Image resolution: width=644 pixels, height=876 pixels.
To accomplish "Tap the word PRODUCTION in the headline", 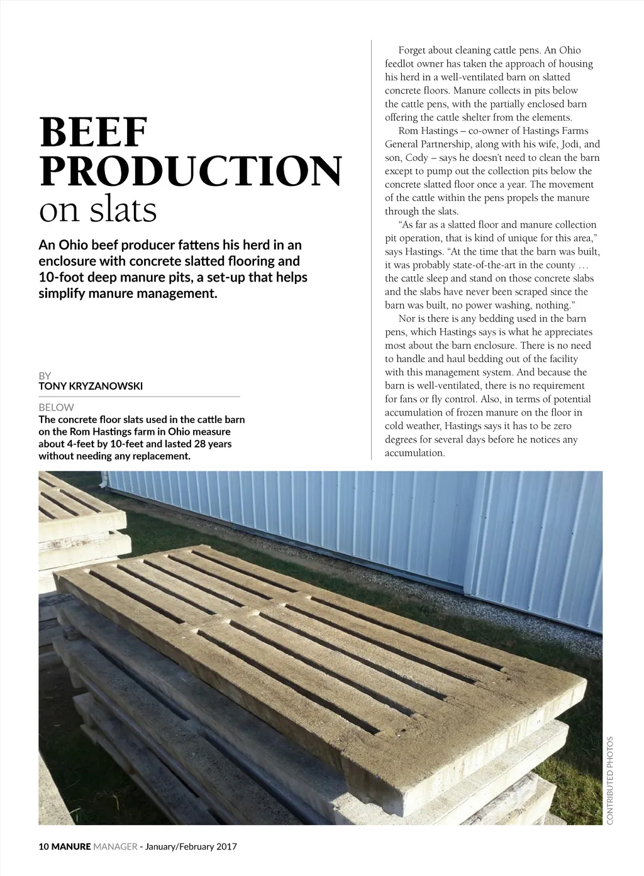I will pos(191,171).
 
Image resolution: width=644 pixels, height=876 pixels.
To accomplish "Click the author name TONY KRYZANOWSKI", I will pos(91,386).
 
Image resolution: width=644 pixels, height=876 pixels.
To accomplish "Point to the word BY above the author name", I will pos(45,376).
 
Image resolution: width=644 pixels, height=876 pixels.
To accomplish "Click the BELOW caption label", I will pos(56,407).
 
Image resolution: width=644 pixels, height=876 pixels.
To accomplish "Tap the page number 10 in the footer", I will pos(43,846).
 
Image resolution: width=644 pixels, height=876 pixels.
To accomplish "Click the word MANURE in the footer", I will pos(71,846).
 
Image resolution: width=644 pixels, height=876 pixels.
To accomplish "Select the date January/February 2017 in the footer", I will pos(191,846).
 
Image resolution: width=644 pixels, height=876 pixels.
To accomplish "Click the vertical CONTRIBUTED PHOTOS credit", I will pos(609,780).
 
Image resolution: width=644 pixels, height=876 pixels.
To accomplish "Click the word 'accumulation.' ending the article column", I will pos(415,453).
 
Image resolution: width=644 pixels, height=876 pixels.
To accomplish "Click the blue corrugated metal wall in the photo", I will pos(377,509).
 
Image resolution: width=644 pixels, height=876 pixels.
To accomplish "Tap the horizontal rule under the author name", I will pos(139,397).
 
